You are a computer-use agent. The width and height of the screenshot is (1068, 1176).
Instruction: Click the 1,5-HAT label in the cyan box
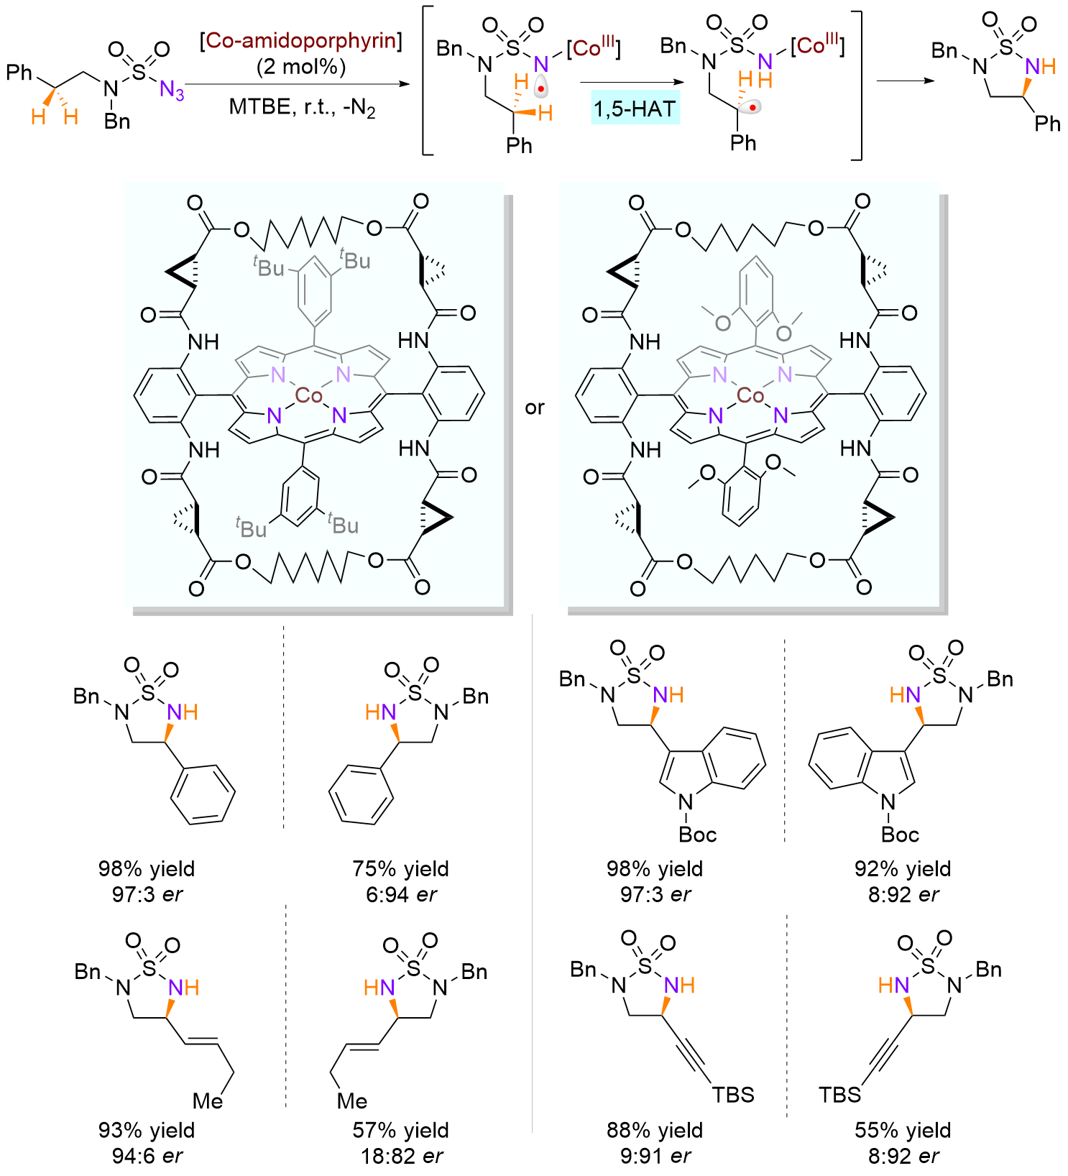pos(635,109)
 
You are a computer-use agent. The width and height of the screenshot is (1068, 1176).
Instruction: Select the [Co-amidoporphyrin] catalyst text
pos(300,40)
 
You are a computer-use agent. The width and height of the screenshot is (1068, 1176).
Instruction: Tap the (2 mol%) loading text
pos(301,67)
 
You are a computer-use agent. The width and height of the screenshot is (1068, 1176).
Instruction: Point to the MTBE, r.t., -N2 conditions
pos(302,108)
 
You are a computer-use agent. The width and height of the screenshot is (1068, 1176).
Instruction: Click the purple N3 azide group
pos(172,91)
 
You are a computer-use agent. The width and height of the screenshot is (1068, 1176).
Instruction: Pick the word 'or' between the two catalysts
pos(535,408)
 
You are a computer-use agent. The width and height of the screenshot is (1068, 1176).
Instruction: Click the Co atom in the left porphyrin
pos(309,395)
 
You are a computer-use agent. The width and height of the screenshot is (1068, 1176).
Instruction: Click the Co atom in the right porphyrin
pos(750,395)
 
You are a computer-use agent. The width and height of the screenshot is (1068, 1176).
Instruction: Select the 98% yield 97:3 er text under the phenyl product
pos(147,881)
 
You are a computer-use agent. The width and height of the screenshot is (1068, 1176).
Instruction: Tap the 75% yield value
pos(400,869)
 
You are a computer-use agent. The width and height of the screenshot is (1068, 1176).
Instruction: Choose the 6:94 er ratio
pos(400,895)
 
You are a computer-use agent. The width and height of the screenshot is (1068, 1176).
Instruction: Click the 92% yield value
pos(903,869)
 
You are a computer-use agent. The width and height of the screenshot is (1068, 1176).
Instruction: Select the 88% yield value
pos(655,1131)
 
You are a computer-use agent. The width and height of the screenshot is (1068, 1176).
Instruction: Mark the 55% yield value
pos(903,1131)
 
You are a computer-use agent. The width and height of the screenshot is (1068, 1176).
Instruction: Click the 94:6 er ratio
pos(147,1157)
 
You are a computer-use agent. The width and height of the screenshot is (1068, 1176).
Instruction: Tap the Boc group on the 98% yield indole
pos(698,835)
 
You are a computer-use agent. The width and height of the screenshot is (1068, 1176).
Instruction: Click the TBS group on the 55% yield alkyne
pos(839,1095)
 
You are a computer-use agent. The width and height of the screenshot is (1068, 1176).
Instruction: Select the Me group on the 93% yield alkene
pos(208,1101)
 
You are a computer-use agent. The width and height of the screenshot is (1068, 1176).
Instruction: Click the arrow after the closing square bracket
pos(906,81)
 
